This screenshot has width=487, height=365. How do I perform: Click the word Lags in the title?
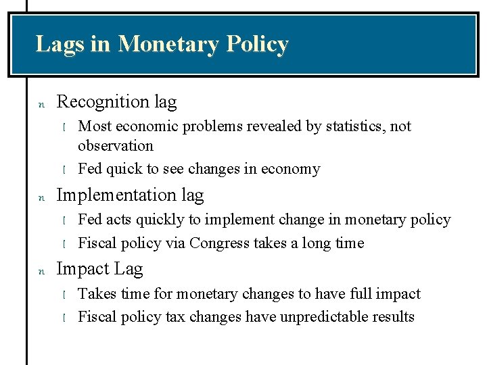[60, 44]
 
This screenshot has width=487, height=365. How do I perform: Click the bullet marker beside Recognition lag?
[41, 104]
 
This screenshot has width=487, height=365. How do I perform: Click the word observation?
[116, 145]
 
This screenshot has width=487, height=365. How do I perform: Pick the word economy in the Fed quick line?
[292, 169]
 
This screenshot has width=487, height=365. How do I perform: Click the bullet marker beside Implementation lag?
[41, 197]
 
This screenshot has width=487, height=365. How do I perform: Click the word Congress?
[221, 243]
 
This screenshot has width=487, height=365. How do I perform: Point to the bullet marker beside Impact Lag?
[41, 271]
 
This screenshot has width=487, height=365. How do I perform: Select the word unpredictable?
[316, 317]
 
